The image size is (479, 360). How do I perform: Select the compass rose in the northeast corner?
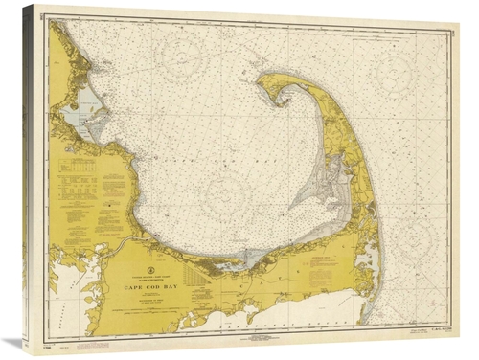point(399,71)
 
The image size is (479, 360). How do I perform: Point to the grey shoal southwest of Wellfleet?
point(308,195)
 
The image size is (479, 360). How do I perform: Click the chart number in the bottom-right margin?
point(436,330)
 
